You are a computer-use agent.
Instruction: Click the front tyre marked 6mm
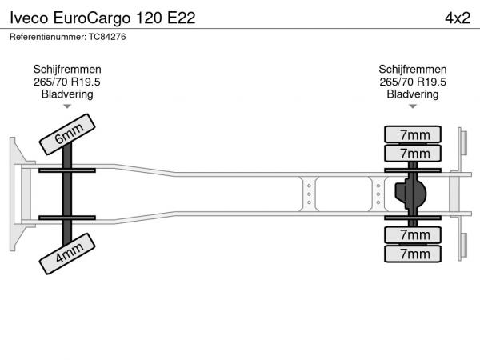(67, 134)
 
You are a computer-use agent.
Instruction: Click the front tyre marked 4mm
(67, 254)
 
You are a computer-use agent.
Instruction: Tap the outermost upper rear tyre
(413, 134)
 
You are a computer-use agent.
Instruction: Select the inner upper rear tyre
(413, 153)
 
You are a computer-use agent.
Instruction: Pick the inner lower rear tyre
(413, 234)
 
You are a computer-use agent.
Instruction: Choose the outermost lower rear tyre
(413, 254)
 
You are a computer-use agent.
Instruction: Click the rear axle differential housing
(410, 194)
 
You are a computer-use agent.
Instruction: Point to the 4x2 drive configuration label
(458, 18)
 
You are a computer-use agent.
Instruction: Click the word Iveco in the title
(29, 18)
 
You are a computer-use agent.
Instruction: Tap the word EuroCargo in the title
(92, 18)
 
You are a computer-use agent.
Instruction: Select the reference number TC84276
(107, 37)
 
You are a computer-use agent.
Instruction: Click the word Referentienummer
(48, 37)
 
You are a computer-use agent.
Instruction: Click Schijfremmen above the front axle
(67, 70)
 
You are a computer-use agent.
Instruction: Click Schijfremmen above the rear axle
(413, 70)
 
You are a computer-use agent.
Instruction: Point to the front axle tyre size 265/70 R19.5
(67, 82)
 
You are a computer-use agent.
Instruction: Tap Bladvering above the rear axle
(413, 94)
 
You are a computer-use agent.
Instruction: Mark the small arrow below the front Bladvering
(67, 106)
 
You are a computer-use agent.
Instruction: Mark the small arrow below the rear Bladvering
(413, 106)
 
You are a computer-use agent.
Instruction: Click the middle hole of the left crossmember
(309, 194)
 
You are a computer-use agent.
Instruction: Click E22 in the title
(182, 18)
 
